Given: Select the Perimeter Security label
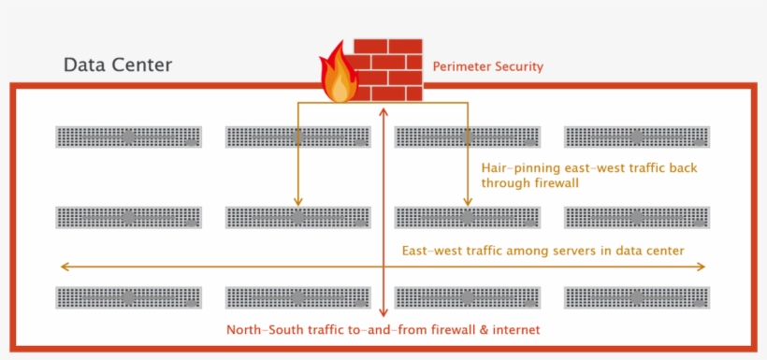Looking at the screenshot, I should pyautogui.click(x=487, y=67).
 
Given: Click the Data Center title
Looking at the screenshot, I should pyautogui.click(x=117, y=65).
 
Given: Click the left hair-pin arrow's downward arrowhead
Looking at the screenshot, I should pyautogui.click(x=298, y=200).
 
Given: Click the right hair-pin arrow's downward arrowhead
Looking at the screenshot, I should pyautogui.click(x=467, y=200).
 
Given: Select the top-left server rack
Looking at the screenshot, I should pyautogui.click(x=129, y=137).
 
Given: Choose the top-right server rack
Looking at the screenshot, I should pyautogui.click(x=637, y=137).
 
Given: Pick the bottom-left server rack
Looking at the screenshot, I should pyautogui.click(x=129, y=297).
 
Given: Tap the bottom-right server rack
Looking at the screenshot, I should pyautogui.click(x=637, y=297).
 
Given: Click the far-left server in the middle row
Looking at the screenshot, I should pyautogui.click(x=129, y=218).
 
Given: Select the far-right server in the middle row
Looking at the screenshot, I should pyautogui.click(x=637, y=218).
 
